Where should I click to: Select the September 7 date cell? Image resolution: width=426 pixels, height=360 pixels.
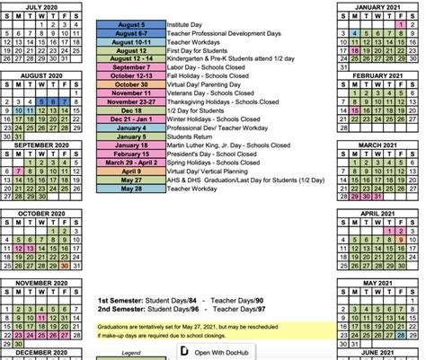click(130, 67)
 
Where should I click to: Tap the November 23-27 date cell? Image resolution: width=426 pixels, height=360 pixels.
click(130, 102)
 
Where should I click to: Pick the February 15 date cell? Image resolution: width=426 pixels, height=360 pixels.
click(130, 154)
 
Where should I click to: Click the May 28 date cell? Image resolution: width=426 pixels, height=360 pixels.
click(130, 189)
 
